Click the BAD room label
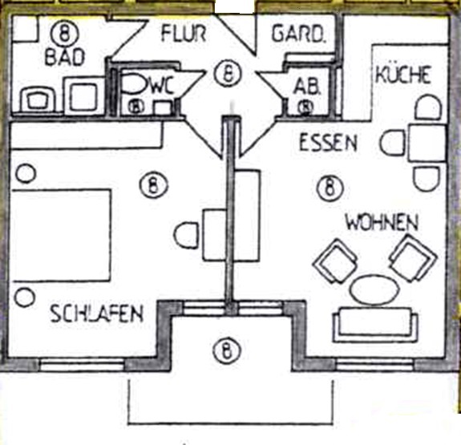pos(65,57)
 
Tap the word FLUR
pos(184,33)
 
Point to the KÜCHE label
pos(403,75)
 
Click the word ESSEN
pos(328,143)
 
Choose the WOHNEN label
pos(382,222)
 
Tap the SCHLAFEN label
pos(97,314)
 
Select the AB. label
pos(306,87)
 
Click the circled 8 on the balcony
pos(226,350)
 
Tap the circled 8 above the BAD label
pos(65,33)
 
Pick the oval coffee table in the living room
pos(374,289)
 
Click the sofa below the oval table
pos(375,325)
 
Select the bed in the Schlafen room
pos(61,236)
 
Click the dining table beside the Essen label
pos(427,143)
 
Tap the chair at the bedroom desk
pos(186,236)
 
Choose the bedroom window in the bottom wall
pos(82,364)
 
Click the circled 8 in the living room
pos(330,188)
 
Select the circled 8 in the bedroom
pos(154,185)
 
